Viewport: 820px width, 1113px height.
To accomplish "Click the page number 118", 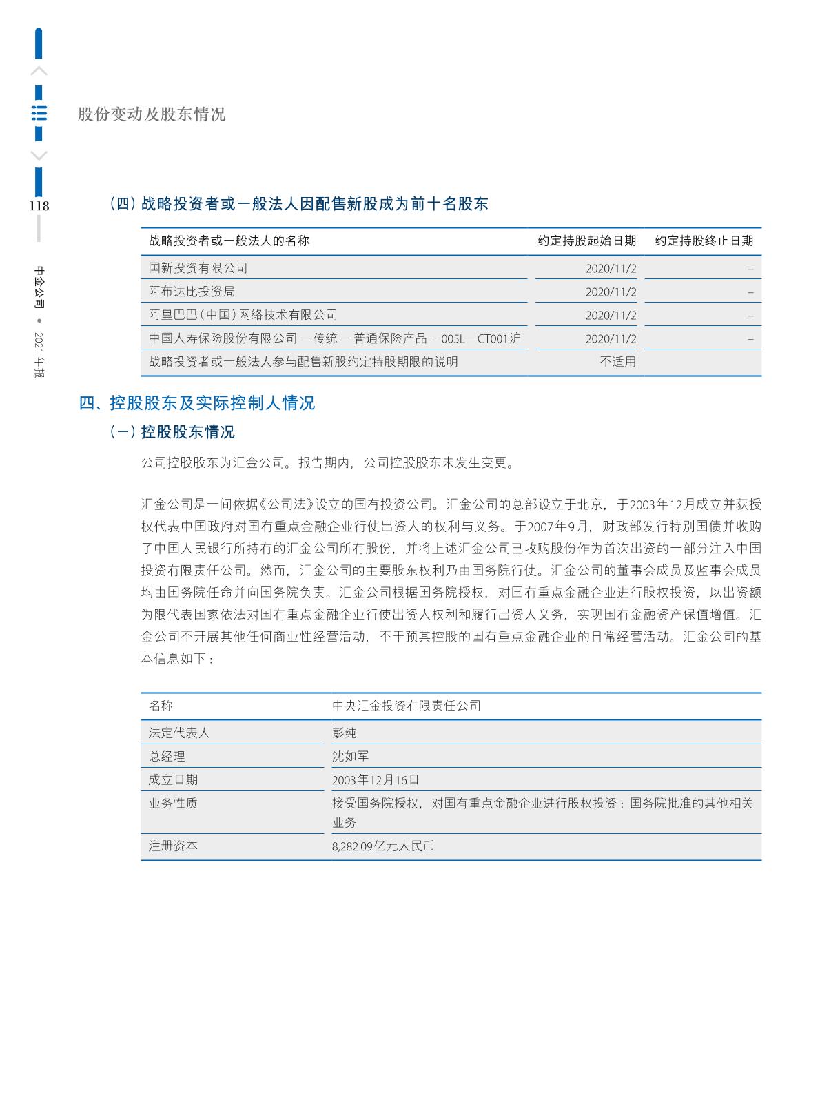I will pyautogui.click(x=39, y=206).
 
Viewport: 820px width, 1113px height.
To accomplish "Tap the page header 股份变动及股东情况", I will pyautogui.click(x=152, y=114).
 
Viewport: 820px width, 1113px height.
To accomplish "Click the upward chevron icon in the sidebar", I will pyautogui.click(x=39, y=71).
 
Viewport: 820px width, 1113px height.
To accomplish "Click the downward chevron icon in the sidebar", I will pyautogui.click(x=39, y=156).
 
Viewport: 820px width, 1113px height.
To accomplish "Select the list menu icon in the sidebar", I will pyautogui.click(x=39, y=114).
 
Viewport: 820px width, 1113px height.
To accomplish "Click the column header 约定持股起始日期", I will pyautogui.click(x=586, y=241).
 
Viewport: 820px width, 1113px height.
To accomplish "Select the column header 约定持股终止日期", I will pyautogui.click(x=704, y=241).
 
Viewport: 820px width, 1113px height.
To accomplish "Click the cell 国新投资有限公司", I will pyautogui.click(x=198, y=268).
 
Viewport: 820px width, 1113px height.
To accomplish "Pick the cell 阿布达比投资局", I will pyautogui.click(x=192, y=292).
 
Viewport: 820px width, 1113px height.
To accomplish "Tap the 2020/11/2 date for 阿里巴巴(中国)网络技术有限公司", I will pyautogui.click(x=611, y=316).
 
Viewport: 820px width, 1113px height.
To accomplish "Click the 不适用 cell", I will pyautogui.click(x=618, y=362).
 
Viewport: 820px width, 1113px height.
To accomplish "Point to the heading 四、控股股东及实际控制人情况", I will pyautogui.click(x=197, y=403).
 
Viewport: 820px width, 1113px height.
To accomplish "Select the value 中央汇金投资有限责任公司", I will pyautogui.click(x=407, y=706).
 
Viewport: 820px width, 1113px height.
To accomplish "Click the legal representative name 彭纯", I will pyautogui.click(x=345, y=733).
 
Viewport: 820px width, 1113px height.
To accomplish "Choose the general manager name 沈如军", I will pyautogui.click(x=351, y=756).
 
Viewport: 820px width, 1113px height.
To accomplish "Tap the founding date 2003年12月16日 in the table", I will pyautogui.click(x=376, y=780).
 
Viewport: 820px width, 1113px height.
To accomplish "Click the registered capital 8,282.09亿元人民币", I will pyautogui.click(x=383, y=846).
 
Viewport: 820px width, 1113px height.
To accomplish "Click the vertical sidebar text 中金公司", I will pyautogui.click(x=39, y=287).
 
